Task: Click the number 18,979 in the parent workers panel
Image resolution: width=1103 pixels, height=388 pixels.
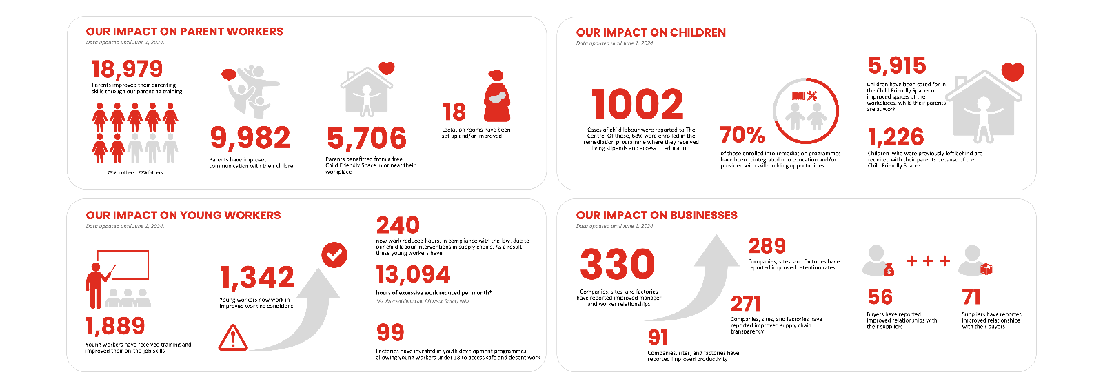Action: tap(127, 69)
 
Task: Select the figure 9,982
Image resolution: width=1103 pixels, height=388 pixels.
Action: tap(250, 138)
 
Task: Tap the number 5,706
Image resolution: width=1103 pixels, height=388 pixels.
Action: tap(366, 139)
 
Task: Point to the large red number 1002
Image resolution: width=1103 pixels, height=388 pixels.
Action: tap(637, 105)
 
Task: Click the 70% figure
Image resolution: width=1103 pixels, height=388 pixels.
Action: tap(742, 134)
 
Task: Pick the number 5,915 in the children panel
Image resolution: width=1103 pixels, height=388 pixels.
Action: tap(897, 65)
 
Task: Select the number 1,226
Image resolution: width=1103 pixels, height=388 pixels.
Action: tap(895, 136)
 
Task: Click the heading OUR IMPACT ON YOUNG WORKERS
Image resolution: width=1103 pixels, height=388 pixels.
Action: tap(183, 215)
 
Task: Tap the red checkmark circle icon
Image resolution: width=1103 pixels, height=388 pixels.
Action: tap(334, 255)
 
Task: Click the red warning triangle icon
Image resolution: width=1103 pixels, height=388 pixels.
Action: tap(233, 338)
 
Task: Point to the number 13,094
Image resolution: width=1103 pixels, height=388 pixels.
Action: tap(413, 275)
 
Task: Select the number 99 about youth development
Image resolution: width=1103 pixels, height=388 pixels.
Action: tap(390, 333)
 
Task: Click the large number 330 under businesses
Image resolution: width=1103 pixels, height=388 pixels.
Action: tap(617, 265)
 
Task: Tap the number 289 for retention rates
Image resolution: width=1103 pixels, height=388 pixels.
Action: tap(767, 246)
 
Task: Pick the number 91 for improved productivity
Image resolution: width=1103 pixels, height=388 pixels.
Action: tap(658, 337)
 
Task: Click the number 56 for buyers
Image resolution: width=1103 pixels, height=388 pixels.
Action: tap(880, 297)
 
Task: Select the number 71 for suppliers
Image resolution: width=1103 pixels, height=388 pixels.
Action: tap(971, 297)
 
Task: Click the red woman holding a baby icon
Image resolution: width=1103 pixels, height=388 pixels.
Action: tap(497, 96)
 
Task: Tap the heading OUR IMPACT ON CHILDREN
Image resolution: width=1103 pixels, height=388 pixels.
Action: tap(651, 32)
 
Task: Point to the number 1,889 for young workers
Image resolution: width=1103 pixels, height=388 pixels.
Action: tap(115, 326)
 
